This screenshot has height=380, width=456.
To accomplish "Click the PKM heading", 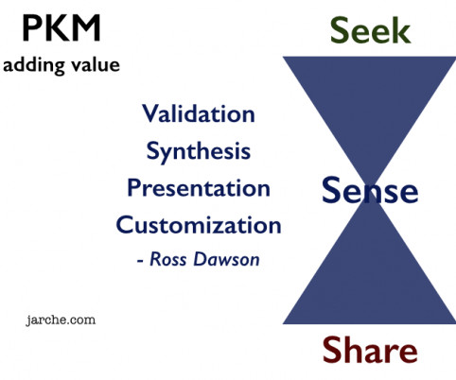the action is coord(61,28).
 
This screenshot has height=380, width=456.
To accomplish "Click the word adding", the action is coord(34,66).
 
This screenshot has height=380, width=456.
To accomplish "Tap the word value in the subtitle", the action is coord(96,64).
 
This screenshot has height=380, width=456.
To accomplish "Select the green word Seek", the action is coord(370,30).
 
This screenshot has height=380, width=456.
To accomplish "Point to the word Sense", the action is coord(370,190).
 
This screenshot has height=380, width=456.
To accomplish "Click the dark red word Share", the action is coord(370,350).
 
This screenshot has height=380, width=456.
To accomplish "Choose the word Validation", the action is coord(199,113).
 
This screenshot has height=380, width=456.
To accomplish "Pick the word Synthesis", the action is coord(199,152).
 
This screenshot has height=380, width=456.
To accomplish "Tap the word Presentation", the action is coord(199,188).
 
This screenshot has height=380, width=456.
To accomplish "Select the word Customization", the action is coord(199,225).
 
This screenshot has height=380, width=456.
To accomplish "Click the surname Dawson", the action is coord(226,259).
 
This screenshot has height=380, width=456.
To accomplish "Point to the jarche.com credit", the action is coord(61,320).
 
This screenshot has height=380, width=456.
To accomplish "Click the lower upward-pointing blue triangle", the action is coord(370,277).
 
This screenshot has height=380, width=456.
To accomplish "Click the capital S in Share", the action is coord(331,350).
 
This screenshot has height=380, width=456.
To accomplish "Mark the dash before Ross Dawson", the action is coord(140,261).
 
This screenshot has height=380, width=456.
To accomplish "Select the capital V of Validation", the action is coord(150,113).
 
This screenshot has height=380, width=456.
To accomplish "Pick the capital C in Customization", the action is coord(125,225).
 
